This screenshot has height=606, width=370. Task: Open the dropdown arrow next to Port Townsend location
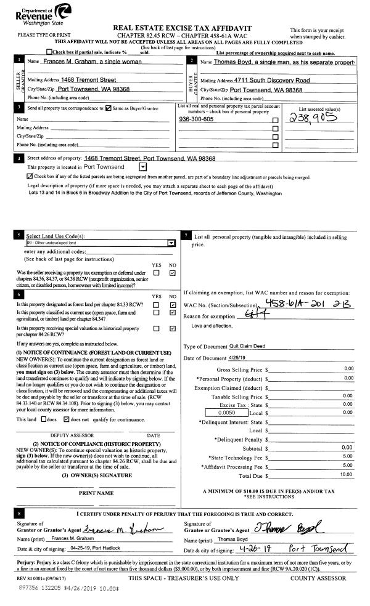tap(143, 166)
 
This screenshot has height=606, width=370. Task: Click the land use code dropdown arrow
tap(171, 243)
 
